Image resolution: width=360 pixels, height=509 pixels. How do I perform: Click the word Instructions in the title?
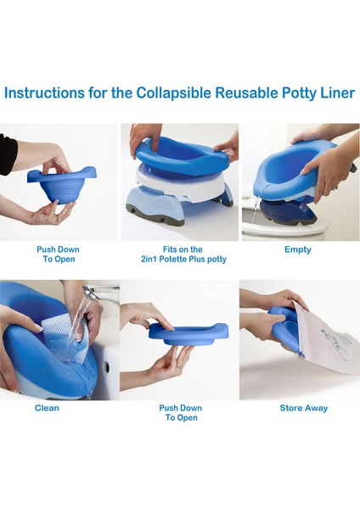(44, 92)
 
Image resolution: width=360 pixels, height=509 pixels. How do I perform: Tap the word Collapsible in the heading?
(173, 93)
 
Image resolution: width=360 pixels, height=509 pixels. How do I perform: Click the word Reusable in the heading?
(246, 92)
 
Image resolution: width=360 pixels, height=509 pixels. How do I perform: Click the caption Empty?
(298, 249)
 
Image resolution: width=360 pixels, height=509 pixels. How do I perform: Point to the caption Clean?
(47, 408)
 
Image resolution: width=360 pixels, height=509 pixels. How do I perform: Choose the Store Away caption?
(303, 408)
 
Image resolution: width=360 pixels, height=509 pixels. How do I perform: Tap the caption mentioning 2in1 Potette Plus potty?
(183, 255)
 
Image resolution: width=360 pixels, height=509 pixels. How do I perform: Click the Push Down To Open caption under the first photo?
(58, 255)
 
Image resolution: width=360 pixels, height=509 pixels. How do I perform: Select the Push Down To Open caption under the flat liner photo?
(181, 413)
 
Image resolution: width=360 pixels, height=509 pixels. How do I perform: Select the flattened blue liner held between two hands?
(188, 333)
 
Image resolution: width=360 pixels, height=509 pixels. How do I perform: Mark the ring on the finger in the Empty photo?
(335, 187)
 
